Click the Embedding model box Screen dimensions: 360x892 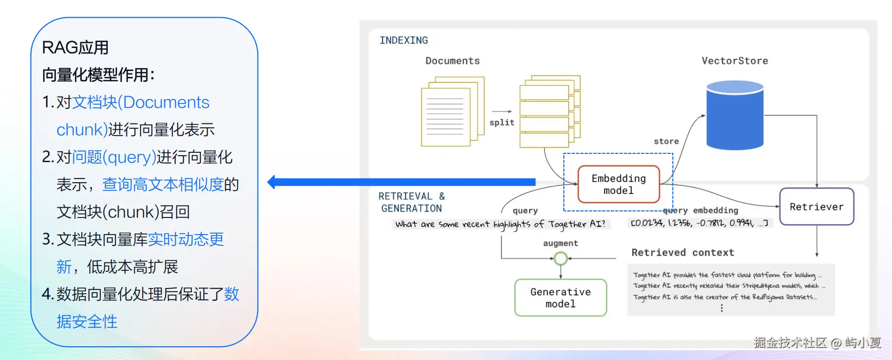[619, 184]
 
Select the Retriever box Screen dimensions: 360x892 [817, 207]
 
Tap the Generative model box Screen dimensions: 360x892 [560, 298]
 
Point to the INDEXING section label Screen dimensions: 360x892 [404, 40]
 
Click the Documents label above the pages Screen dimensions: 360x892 [453, 61]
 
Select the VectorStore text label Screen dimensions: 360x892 [735, 61]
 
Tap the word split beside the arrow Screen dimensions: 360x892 [502, 122]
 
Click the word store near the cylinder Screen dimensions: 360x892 [666, 141]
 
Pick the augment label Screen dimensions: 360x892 [560, 243]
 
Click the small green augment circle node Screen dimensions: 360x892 [561, 258]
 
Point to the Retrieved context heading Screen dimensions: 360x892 [683, 252]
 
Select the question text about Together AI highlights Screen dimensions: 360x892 [500, 224]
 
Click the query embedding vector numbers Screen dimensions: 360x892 [699, 223]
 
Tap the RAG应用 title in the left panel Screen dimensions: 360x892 [75, 48]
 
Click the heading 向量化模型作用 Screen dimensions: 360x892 [98, 75]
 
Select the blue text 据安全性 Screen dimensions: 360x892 [87, 322]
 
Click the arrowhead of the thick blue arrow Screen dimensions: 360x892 [272, 182]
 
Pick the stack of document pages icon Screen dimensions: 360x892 [452, 111]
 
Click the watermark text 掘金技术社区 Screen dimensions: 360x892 [790, 342]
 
